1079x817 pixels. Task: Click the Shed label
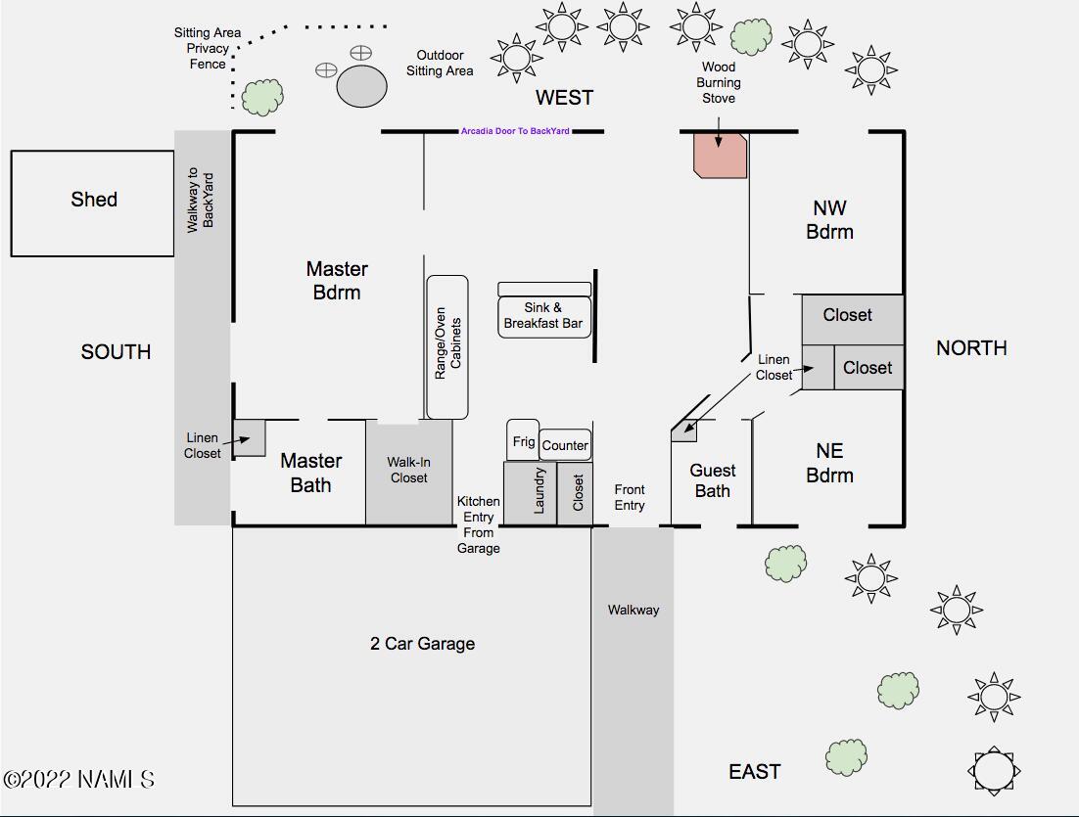94,200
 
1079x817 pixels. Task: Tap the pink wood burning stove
720,156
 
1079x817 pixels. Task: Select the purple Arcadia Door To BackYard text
515,131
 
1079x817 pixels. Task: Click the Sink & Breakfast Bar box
544,316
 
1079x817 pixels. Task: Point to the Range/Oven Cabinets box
447,347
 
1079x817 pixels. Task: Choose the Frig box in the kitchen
523,441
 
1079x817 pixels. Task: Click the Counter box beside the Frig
565,445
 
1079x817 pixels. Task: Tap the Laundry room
530,492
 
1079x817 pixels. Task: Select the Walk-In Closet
408,473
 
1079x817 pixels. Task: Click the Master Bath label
311,473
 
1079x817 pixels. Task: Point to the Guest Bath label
712,480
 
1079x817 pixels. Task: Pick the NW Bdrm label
830,219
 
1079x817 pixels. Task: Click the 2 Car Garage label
423,644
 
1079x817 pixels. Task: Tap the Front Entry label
630,497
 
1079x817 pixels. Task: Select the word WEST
564,98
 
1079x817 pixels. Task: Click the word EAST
755,772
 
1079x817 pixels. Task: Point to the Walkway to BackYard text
201,201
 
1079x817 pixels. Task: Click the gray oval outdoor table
362,86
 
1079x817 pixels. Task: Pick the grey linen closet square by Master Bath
249,437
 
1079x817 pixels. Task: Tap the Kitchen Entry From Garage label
478,524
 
